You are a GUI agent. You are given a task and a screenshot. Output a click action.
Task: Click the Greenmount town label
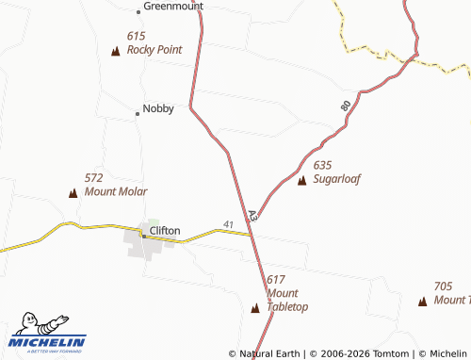174,6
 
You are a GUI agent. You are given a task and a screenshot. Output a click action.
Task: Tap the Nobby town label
158,108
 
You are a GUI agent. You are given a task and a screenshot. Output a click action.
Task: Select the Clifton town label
165,230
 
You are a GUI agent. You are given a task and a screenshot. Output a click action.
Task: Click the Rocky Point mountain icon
116,51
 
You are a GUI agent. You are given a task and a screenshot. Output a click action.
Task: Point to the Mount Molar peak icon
73,192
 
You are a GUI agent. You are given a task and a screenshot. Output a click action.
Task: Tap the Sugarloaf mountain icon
301,179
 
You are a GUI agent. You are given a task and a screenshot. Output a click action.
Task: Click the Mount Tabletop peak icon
255,307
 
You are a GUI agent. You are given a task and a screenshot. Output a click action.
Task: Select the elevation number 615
136,36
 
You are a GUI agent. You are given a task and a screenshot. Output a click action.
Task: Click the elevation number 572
93,177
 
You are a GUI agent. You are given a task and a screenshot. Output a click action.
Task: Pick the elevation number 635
322,165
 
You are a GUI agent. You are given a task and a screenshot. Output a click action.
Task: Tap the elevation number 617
275,280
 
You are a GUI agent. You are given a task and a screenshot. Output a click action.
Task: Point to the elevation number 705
443,286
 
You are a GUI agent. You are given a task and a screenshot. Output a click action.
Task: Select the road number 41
229,223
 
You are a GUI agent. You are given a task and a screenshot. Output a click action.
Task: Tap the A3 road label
252,216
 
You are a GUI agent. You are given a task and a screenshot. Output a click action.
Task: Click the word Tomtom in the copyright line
394,353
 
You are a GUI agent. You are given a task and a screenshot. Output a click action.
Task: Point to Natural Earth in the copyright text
270,353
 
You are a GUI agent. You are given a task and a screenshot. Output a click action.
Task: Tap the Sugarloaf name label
337,178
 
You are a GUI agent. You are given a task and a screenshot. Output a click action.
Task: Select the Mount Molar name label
115,191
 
